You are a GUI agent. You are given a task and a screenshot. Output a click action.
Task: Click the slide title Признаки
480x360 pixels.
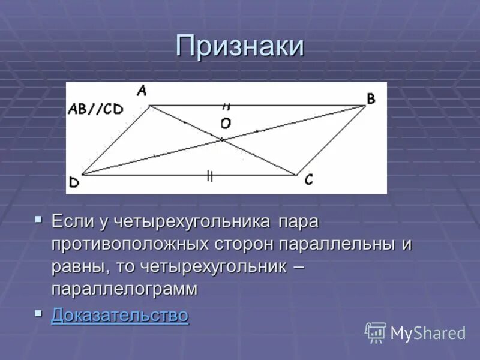click(240, 47)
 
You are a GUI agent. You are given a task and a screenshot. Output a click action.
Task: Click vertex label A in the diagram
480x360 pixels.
click(142, 91)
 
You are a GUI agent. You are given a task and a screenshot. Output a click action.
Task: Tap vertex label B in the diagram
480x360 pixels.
click(371, 98)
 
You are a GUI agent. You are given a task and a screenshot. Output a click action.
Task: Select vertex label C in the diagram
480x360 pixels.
click(308, 179)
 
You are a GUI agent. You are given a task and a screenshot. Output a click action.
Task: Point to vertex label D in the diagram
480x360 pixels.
click(74, 183)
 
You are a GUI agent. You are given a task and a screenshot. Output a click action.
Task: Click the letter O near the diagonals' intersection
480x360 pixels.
click(226, 124)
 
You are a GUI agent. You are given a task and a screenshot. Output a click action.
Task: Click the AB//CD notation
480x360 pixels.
click(95, 109)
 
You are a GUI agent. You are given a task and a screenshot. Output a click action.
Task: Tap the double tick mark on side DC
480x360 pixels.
click(209, 175)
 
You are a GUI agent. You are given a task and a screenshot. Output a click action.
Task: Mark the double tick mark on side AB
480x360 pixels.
click(226, 106)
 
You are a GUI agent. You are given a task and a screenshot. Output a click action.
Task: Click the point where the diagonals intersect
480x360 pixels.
click(221, 140)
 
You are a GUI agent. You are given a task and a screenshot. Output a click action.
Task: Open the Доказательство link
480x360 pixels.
click(120, 315)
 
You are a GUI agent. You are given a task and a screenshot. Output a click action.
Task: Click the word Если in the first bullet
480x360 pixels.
click(71, 221)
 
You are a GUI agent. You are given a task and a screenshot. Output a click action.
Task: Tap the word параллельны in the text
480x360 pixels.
click(337, 244)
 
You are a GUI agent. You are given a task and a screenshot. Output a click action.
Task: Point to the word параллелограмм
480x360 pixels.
click(124, 289)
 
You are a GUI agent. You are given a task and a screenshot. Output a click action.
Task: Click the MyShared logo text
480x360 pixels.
click(428, 333)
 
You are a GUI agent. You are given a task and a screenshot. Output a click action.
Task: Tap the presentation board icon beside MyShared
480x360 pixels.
click(376, 332)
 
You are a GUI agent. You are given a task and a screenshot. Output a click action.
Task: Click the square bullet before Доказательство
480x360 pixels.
click(39, 313)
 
